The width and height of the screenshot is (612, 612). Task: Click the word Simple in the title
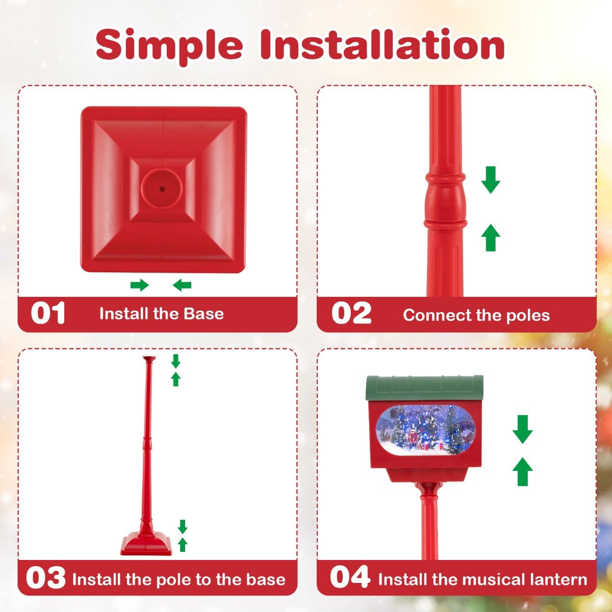(x=169, y=45)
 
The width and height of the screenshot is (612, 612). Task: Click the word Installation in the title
(x=382, y=44)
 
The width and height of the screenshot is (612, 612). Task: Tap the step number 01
(x=48, y=313)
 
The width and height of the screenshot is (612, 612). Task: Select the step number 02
(x=351, y=313)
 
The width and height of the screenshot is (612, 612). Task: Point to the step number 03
(x=46, y=578)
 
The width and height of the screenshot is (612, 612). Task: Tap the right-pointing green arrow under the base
(x=139, y=285)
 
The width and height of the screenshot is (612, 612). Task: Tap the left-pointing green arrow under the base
(x=182, y=285)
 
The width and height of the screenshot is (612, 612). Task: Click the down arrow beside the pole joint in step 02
(x=491, y=180)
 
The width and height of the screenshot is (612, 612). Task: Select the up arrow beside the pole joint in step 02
(x=491, y=237)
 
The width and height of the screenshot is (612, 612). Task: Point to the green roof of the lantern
(x=424, y=388)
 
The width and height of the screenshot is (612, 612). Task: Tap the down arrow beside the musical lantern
(x=522, y=429)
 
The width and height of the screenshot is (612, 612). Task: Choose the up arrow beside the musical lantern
(x=522, y=472)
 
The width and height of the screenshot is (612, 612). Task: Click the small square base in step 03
(x=146, y=545)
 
